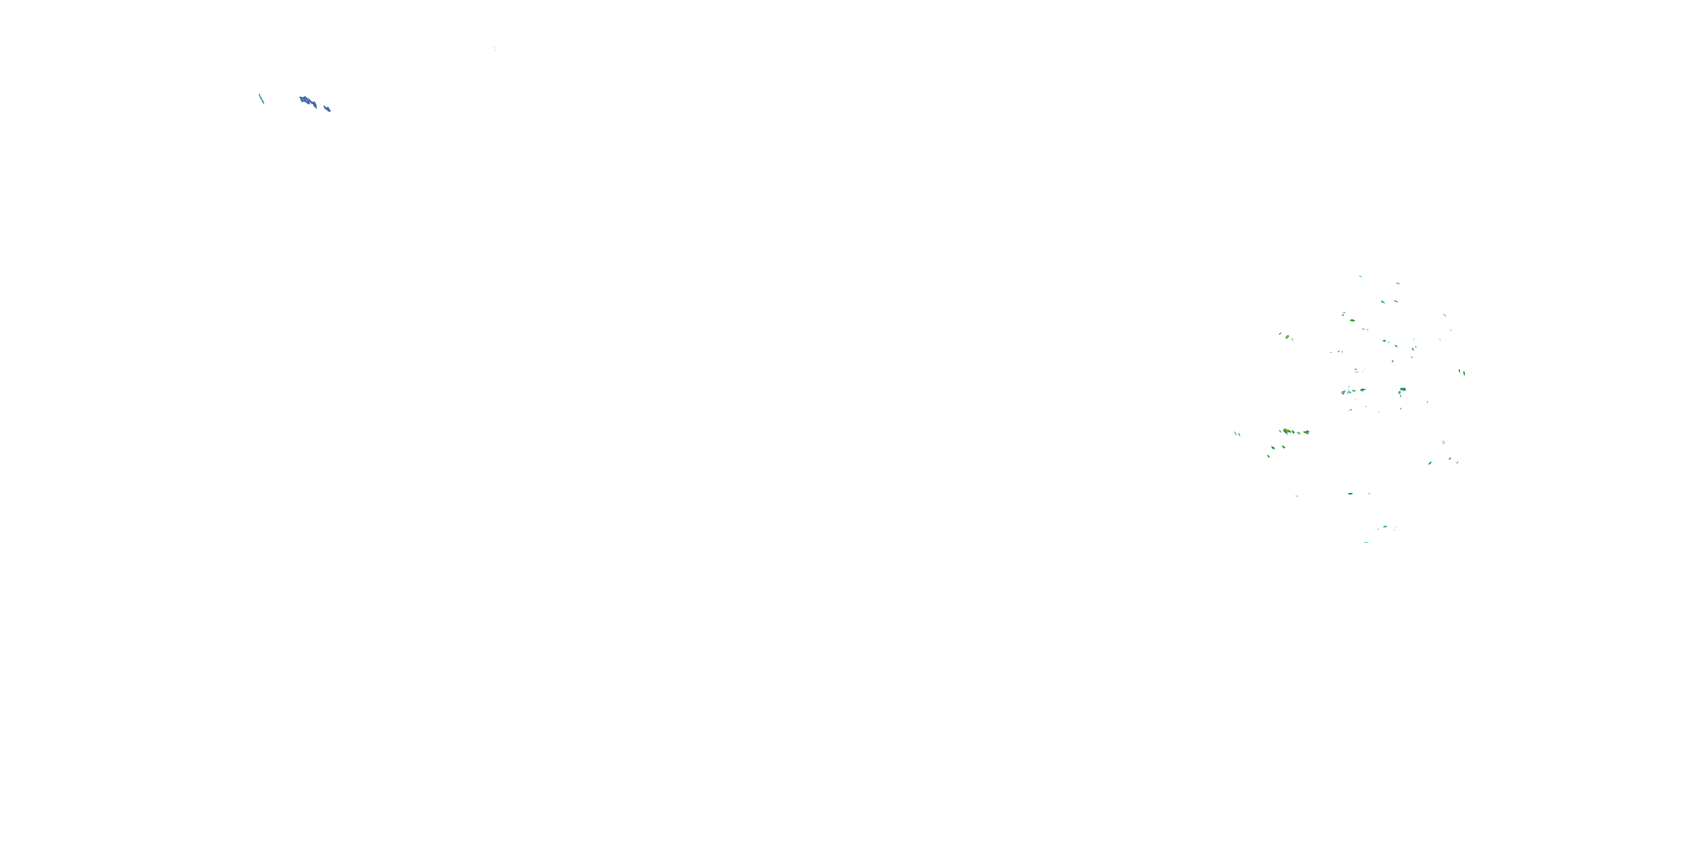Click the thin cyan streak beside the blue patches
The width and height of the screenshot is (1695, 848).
(261, 99)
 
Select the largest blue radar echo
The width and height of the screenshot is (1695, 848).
(307, 101)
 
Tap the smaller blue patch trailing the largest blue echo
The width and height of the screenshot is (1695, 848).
(327, 108)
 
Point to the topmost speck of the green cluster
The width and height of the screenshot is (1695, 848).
(1360, 276)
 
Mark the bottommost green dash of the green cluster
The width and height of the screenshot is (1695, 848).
(1366, 542)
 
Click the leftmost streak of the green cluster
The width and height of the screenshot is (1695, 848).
(1237, 434)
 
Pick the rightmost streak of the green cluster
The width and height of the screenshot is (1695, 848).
(1464, 373)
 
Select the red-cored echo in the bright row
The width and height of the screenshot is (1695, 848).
(1292, 432)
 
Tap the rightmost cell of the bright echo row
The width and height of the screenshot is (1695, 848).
(1306, 432)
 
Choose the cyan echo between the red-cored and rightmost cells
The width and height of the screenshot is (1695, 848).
(1299, 432)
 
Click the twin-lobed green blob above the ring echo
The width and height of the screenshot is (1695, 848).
(1402, 390)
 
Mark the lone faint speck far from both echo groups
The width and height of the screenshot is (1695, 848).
(494, 48)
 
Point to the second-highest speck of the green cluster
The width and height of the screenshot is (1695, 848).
(1398, 283)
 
